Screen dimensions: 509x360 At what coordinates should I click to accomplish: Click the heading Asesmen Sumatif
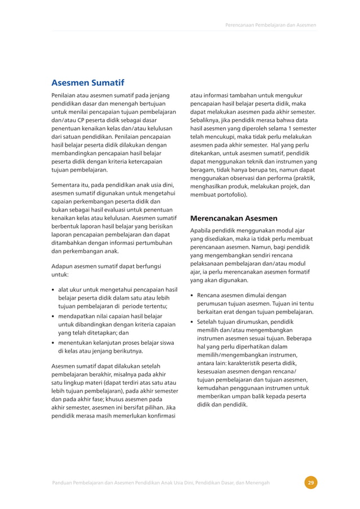tap(87, 82)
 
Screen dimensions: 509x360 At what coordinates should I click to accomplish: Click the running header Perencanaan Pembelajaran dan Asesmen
tap(270, 25)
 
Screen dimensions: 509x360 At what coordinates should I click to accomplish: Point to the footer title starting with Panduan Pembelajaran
tap(160, 482)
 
